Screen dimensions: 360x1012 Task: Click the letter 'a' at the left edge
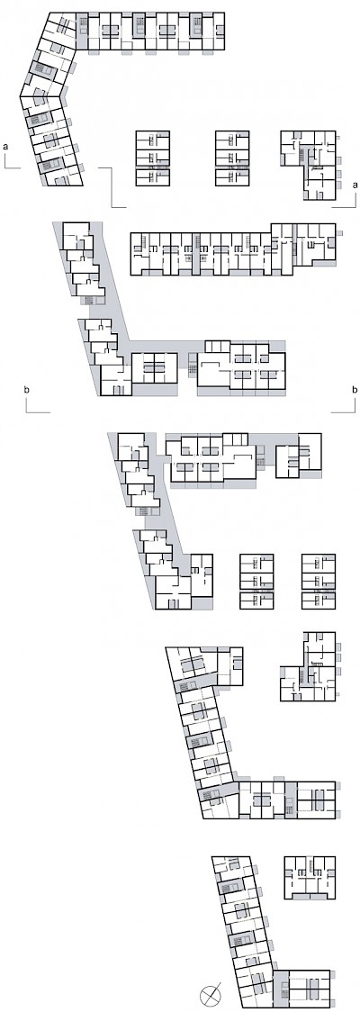click(x=5, y=147)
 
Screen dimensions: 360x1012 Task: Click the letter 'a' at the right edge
click(x=355, y=185)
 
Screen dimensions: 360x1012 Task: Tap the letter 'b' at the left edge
click(x=26, y=390)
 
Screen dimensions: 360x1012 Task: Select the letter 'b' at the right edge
click(x=355, y=390)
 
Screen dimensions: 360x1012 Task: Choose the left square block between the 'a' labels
click(x=153, y=158)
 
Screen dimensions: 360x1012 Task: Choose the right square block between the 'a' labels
click(x=233, y=158)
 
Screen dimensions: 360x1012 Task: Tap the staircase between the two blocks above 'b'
click(x=191, y=365)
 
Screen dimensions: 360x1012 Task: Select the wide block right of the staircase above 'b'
click(x=241, y=366)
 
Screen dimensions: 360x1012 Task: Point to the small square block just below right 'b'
click(x=298, y=456)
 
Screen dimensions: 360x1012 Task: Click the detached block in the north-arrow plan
click(x=310, y=878)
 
